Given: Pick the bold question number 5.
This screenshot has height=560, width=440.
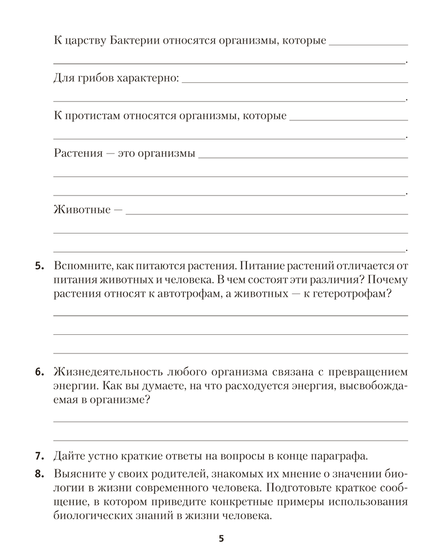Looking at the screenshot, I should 39,267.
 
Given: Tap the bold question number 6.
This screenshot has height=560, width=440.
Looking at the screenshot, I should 39,372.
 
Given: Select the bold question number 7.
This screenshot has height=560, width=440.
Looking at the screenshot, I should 39,454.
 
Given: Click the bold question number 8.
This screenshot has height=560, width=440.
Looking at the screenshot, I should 39,474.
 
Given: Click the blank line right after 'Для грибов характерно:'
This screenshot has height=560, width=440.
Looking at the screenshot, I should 294,81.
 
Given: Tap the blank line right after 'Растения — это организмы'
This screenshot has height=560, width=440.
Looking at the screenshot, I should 303,156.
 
